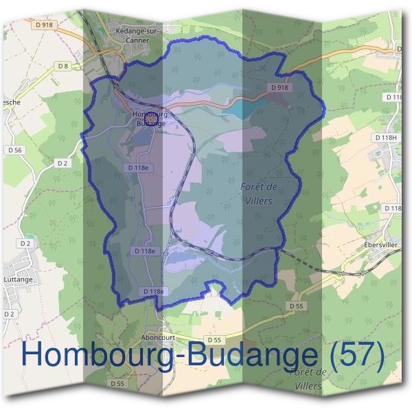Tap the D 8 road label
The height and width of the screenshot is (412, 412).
64,66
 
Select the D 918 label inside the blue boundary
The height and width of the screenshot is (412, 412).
279,88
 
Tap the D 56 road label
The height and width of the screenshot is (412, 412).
15,150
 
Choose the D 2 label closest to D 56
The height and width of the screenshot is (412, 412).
62,163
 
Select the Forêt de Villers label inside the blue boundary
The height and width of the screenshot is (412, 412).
257,194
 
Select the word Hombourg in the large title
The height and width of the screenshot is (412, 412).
96,355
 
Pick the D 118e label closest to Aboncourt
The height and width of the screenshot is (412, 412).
154,292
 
